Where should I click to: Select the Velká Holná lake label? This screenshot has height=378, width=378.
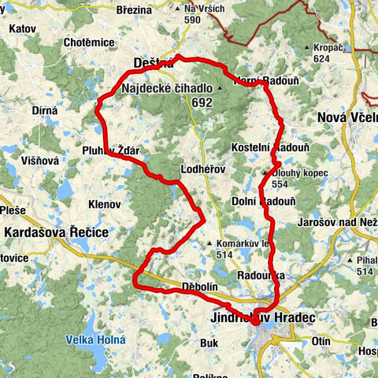[90, 340]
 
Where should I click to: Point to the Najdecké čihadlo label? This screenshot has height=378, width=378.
[166, 89]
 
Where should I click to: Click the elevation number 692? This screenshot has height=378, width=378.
[201, 102]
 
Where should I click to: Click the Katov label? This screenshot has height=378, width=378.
[24, 28]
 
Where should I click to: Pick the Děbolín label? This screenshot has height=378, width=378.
[198, 288]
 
